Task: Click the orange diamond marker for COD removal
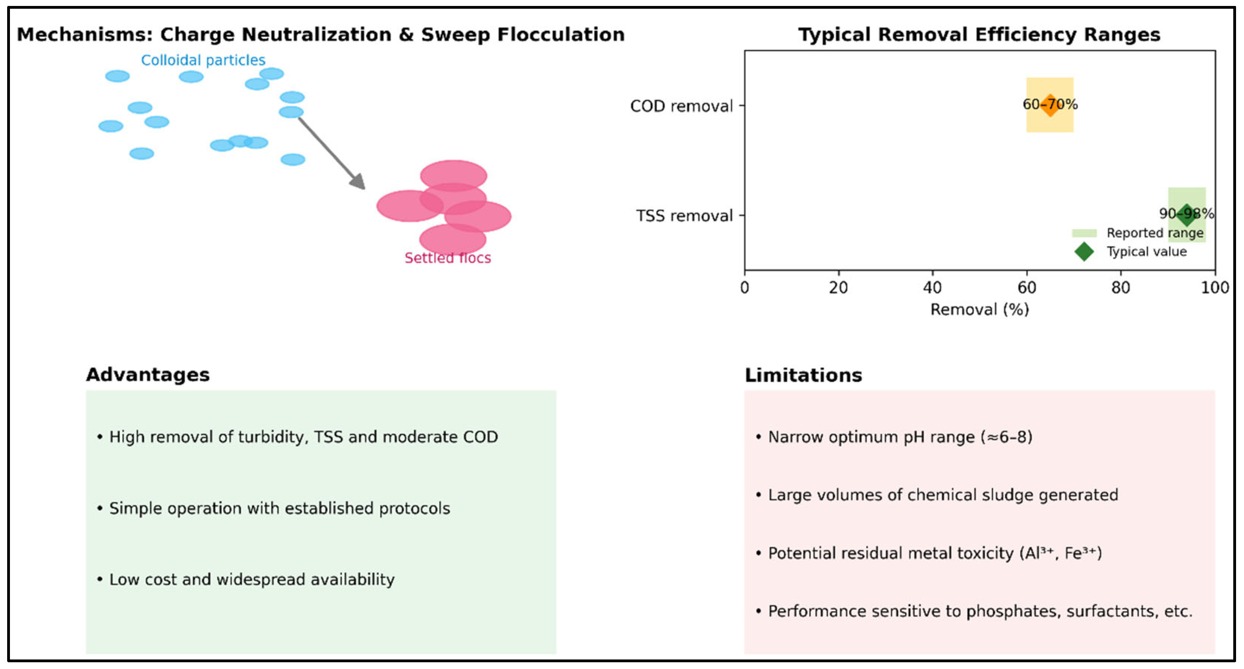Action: point(1050,105)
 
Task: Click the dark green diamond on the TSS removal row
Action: point(1186,215)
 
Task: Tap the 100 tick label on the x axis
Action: point(1215,288)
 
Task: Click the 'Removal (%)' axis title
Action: point(979,309)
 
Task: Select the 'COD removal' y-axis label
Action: point(681,106)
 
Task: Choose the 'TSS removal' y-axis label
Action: point(684,215)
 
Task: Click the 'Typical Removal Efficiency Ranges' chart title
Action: point(979,35)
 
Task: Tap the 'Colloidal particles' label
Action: point(203,60)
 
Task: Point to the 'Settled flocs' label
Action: point(448,258)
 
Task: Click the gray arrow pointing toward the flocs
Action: point(331,152)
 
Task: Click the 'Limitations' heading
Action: point(803,375)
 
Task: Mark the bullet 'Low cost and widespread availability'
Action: point(252,579)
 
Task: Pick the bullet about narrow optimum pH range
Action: point(900,437)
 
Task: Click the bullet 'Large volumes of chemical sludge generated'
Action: point(943,495)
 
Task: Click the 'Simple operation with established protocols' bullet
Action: point(279,508)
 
